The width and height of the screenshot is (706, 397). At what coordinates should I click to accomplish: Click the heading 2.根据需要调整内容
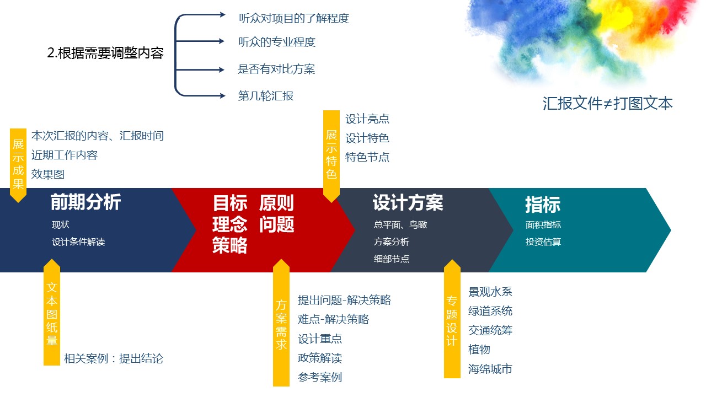[105, 53]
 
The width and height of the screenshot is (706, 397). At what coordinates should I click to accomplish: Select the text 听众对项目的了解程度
[294, 18]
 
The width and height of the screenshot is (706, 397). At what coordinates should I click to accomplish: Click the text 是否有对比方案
[276, 69]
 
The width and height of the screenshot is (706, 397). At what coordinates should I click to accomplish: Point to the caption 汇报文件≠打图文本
[607, 103]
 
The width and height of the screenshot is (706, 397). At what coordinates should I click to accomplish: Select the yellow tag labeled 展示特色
[331, 155]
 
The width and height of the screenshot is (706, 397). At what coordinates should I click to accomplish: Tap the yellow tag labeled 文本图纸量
[52, 313]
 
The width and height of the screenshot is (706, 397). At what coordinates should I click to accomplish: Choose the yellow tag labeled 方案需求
[281, 323]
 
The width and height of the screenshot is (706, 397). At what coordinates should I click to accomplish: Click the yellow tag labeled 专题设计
[452, 319]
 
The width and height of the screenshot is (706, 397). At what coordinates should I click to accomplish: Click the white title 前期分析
[85, 202]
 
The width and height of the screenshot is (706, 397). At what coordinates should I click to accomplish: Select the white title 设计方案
[408, 202]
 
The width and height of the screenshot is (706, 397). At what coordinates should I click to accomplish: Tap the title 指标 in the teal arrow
[543, 204]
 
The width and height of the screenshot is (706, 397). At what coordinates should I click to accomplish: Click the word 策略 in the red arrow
[230, 245]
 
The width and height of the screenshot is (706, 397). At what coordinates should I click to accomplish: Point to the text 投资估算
[543, 242]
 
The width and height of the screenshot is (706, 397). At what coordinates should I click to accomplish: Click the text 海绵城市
[490, 369]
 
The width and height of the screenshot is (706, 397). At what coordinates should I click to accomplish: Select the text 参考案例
[320, 377]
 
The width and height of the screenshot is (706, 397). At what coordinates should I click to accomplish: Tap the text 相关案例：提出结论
[114, 358]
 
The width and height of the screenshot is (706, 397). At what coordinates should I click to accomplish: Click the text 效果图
[48, 174]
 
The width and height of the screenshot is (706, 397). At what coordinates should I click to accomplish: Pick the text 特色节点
[367, 157]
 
